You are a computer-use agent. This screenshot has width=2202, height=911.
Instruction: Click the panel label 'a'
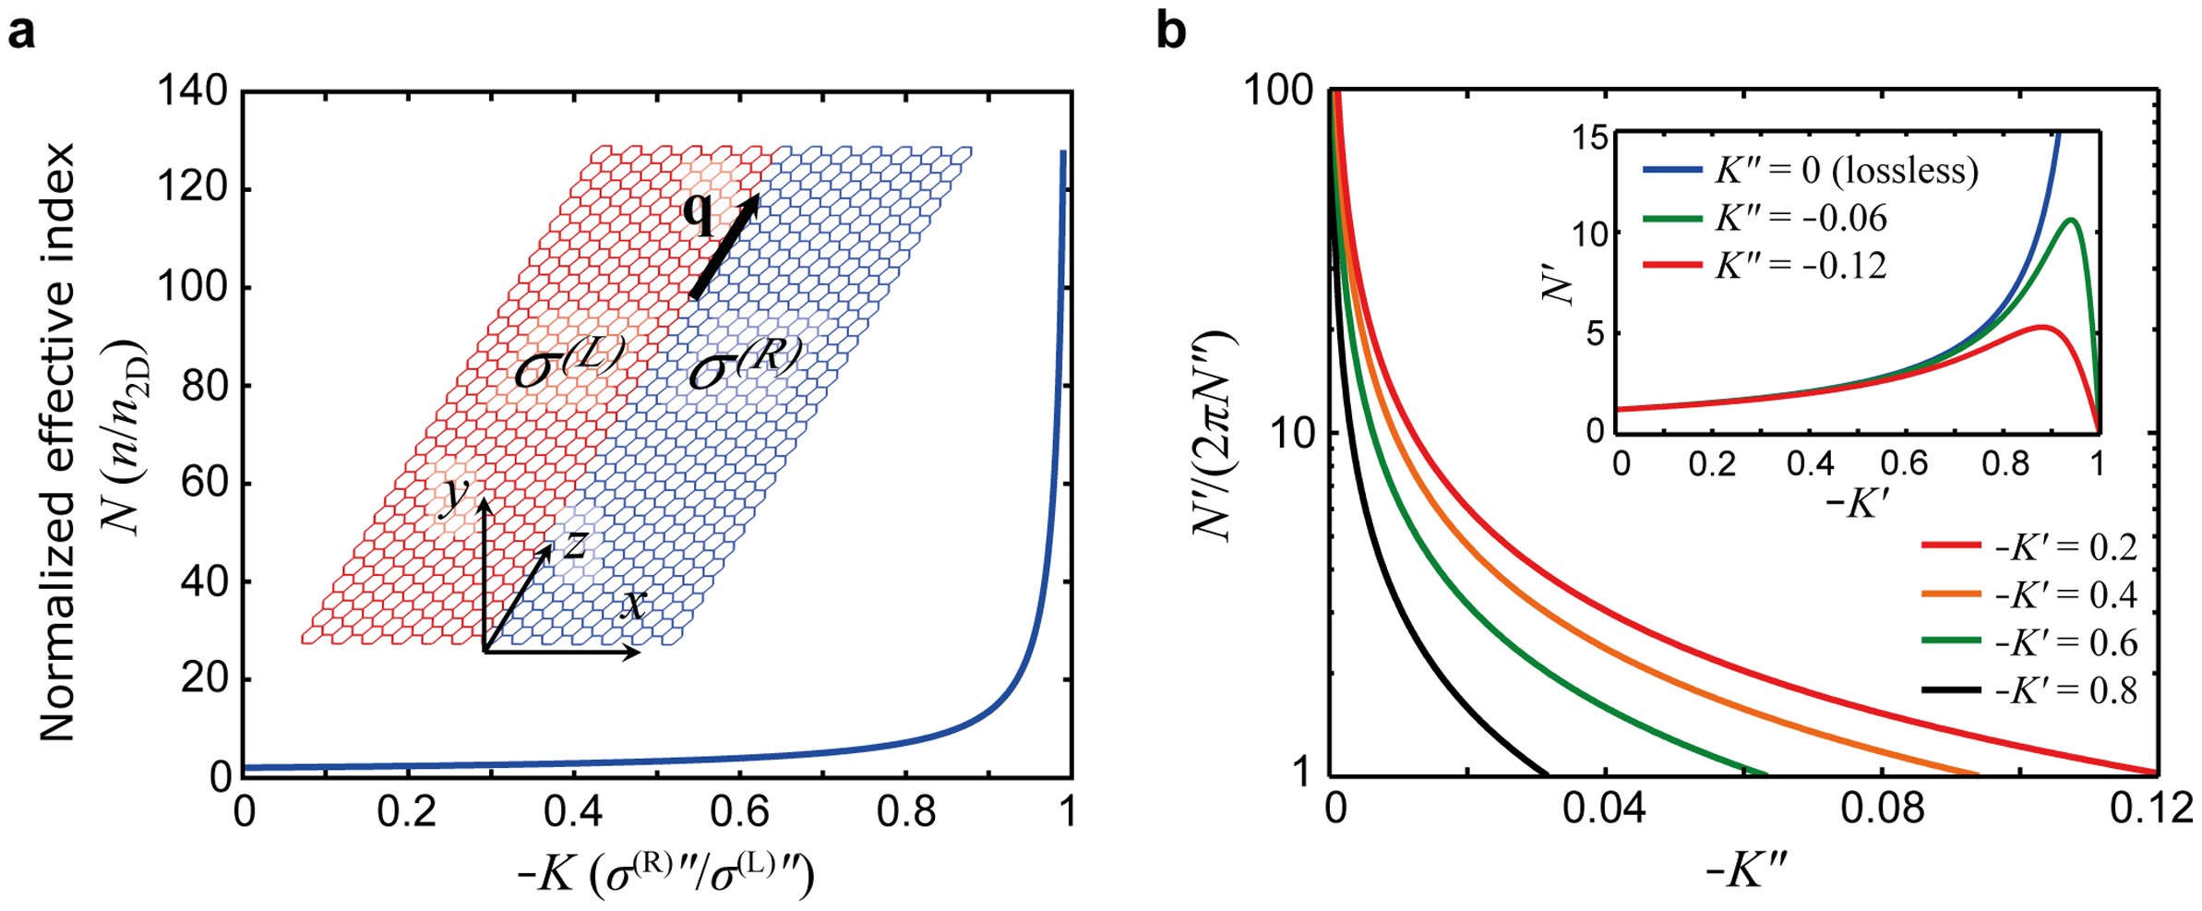point(21,33)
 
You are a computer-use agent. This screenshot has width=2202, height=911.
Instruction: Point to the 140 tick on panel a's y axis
point(192,91)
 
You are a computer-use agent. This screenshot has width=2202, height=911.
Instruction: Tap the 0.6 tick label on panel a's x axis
point(739,811)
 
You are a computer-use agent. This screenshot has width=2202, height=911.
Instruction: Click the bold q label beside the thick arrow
point(699,214)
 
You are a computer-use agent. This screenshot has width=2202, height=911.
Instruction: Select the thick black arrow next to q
point(725,246)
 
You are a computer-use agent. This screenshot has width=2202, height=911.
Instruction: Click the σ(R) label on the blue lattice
point(745,364)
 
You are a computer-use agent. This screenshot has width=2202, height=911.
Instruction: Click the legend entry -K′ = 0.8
point(2029,690)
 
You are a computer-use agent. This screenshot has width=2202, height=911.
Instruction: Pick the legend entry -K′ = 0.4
point(2029,594)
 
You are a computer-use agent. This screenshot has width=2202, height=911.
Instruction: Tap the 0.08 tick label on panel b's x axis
point(1882,809)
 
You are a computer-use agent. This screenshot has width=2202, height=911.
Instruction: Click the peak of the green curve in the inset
point(2071,220)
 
